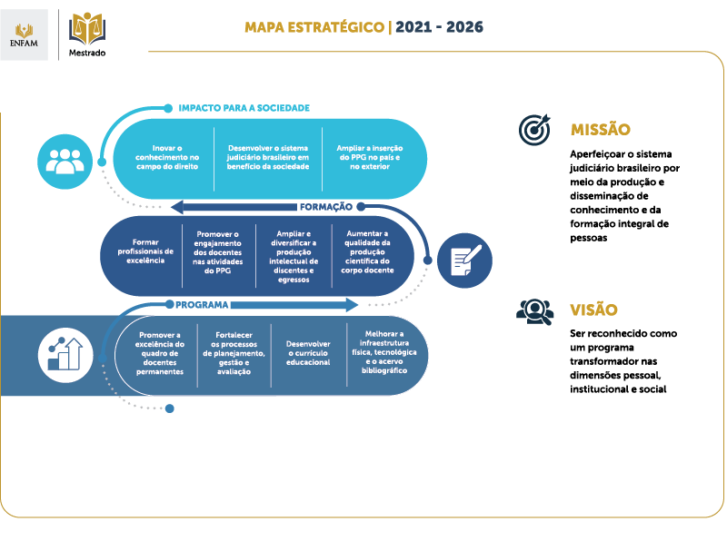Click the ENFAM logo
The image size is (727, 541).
pos(25,34)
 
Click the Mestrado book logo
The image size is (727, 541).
pos(87,34)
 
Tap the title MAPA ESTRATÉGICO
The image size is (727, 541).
pos(314,27)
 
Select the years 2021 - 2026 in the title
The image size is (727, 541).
pos(439,27)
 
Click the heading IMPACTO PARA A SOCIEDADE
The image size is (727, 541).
pos(244,108)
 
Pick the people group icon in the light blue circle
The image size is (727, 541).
pos(65,162)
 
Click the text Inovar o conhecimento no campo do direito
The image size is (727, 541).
pos(167,157)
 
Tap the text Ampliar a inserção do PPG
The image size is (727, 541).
pos(370,157)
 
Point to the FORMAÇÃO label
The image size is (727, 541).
pos(326,207)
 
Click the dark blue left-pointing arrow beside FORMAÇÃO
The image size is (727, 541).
pos(234,207)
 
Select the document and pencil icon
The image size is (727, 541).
pos(465,261)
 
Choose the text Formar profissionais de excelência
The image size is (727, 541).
pos(145,251)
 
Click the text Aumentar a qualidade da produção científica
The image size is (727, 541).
pos(367,251)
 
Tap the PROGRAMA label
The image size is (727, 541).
pos(202,305)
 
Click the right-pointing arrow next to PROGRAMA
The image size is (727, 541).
pos(294,305)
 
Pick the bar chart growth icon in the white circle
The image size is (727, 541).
pos(65,355)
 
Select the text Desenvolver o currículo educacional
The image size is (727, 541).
pos(308,353)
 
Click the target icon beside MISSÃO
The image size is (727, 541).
pos(534,129)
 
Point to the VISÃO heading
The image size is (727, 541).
pos(593,310)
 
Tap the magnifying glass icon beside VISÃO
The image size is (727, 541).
pos(535,311)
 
